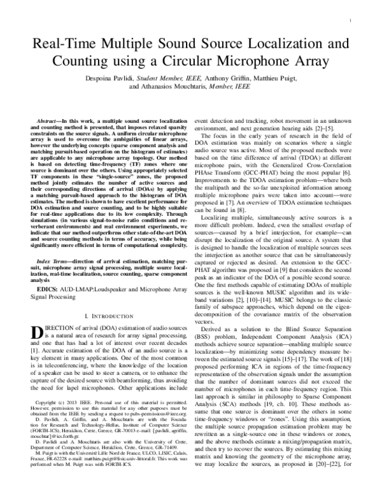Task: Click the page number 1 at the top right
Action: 351,21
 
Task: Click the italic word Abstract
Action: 49,120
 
